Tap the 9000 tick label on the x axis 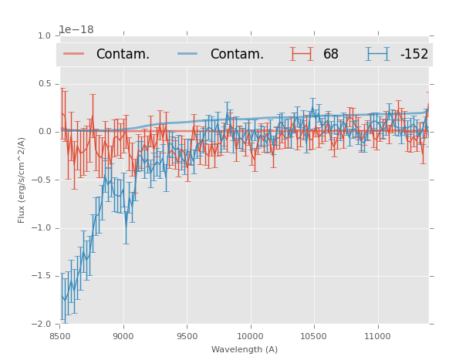tap(123, 336)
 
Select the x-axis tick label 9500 tap(187, 336)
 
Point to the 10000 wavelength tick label tap(250, 336)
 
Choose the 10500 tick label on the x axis tap(313, 336)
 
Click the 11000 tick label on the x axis tap(377, 336)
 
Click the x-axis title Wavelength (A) tap(244, 350)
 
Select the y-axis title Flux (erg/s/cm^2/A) tap(22, 180)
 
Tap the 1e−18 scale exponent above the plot tap(76, 30)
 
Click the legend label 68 tap(331, 55)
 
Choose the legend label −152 tap(414, 55)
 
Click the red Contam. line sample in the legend tap(74, 54)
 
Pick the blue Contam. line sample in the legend tap(188, 54)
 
